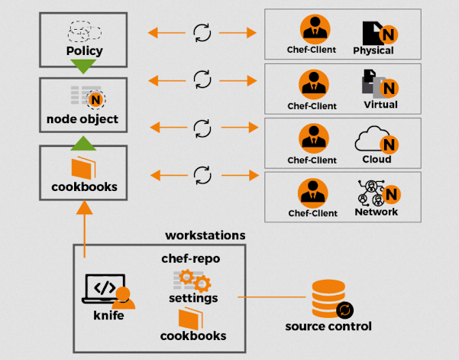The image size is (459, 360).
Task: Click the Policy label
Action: click(85, 52)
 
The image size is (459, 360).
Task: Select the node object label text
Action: click(82, 120)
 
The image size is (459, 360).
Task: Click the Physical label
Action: click(373, 51)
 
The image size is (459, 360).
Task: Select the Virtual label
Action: click(380, 105)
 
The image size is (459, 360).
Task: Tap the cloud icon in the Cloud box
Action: click(371, 140)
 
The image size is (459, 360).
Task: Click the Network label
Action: click(376, 212)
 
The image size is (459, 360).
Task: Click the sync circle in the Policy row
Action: click(202, 32)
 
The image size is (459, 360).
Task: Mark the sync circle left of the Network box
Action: click(202, 175)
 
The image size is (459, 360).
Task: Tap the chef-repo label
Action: click(190, 258)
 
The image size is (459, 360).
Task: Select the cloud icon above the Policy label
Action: click(85, 31)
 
